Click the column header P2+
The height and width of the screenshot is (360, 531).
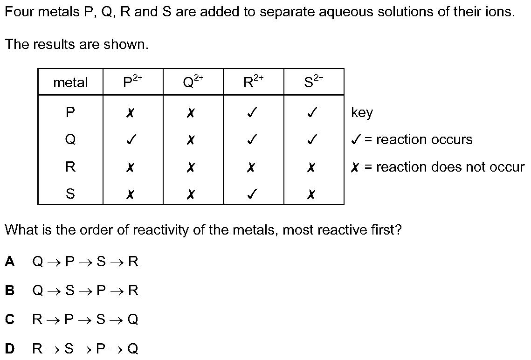pos(133,81)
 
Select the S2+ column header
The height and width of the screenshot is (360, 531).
pos(314,81)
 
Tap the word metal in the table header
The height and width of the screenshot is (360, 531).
pos(70,82)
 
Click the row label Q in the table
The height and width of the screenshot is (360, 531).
pos(70,139)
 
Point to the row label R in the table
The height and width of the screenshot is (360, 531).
pos(70,166)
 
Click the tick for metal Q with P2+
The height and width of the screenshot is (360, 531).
pos(131,139)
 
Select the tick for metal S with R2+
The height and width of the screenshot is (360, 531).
pos(251,194)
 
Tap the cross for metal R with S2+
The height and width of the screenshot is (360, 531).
pos(311,167)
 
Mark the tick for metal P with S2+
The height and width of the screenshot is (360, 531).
pos(312,112)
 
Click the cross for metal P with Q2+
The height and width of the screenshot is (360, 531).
pos(191,112)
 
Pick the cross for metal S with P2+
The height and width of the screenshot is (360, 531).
pos(130,194)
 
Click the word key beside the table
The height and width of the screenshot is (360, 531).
pos(362,112)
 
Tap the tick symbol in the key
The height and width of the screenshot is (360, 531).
pos(356,139)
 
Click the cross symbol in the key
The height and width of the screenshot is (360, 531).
pos(355,167)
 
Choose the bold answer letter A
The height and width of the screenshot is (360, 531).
pos(10,262)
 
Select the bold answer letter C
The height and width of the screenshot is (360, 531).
pos(10,319)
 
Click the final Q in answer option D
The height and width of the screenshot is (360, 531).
pos(133,348)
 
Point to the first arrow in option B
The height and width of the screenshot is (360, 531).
pos(54,291)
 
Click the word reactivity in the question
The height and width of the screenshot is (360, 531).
pos(160,230)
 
